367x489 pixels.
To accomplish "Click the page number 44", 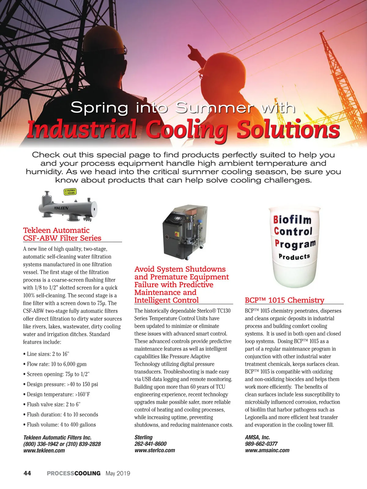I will click(x=27, y=473).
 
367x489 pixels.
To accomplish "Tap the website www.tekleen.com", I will click(x=44, y=450).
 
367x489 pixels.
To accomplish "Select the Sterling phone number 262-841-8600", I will click(x=150, y=444).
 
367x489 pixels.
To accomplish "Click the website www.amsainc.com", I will click(x=267, y=450).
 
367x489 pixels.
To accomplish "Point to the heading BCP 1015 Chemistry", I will click(x=284, y=300).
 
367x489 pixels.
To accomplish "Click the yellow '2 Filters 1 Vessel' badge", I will click(x=70, y=192).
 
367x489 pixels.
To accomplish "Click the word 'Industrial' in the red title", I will click(x=82, y=130).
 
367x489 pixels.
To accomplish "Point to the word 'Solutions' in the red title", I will click(x=288, y=130).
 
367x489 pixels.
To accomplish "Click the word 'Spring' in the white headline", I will click(x=99, y=108).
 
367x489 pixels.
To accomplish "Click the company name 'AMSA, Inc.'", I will click(x=257, y=437).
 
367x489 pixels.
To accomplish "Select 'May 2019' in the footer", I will click(x=118, y=473).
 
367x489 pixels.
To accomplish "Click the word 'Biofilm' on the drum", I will click(x=292, y=219).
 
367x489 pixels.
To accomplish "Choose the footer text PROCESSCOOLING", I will click(x=73, y=473).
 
